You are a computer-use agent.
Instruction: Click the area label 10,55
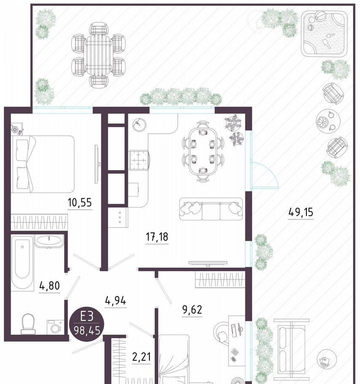80,203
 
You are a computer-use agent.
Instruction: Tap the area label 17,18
157,237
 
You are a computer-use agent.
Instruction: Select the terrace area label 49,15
301,212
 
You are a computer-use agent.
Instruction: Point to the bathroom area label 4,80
49,286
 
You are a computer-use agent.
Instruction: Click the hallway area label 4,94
116,300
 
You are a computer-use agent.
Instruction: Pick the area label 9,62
192,310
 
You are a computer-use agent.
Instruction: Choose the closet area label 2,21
141,357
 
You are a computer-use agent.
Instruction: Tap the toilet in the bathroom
28,324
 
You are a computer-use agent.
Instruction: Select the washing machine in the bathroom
56,327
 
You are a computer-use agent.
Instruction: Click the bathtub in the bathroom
22,263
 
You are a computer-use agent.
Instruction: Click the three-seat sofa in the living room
211,209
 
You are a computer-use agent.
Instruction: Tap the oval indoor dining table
203,151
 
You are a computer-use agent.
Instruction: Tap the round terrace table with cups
328,121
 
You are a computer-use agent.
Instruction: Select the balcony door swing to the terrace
265,176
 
